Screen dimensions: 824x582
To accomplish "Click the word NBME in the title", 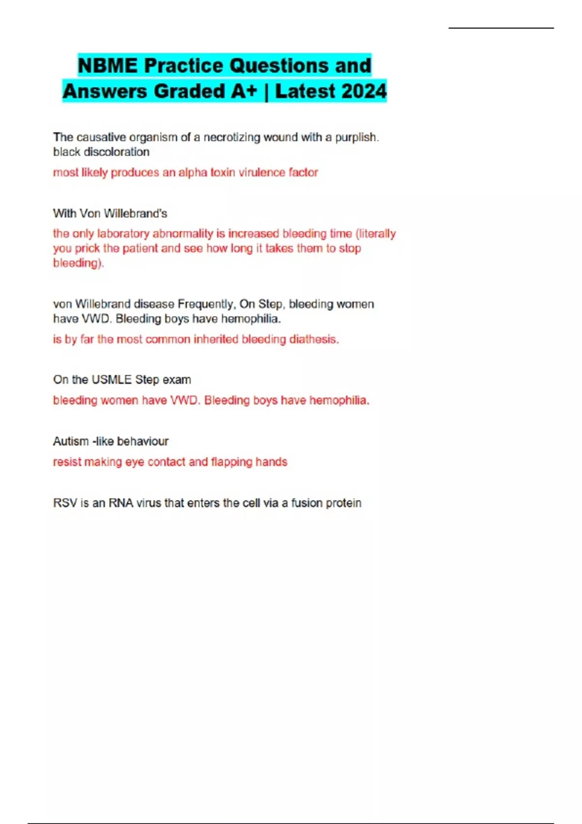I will (x=107, y=66).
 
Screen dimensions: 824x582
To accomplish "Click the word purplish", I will (x=356, y=137).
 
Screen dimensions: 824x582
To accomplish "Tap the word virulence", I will (x=261, y=173).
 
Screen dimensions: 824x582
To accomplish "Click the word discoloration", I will (x=116, y=152).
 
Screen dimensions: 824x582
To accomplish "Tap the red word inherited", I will (x=216, y=339).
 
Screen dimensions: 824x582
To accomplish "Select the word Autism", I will (x=71, y=441).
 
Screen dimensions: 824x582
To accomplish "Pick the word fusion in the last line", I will (x=307, y=503).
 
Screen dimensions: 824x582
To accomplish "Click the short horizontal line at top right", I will (x=501, y=28).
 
